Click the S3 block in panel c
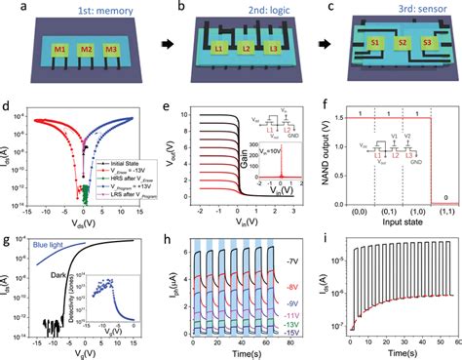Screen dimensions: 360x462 click(427, 43)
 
